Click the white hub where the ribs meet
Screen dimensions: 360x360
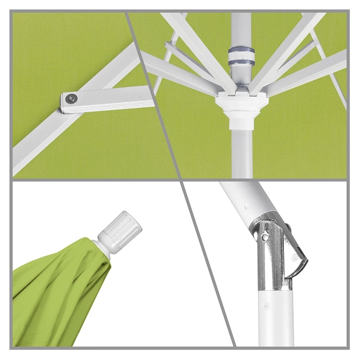point(240,106)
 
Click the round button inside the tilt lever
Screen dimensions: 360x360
point(295,258)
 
